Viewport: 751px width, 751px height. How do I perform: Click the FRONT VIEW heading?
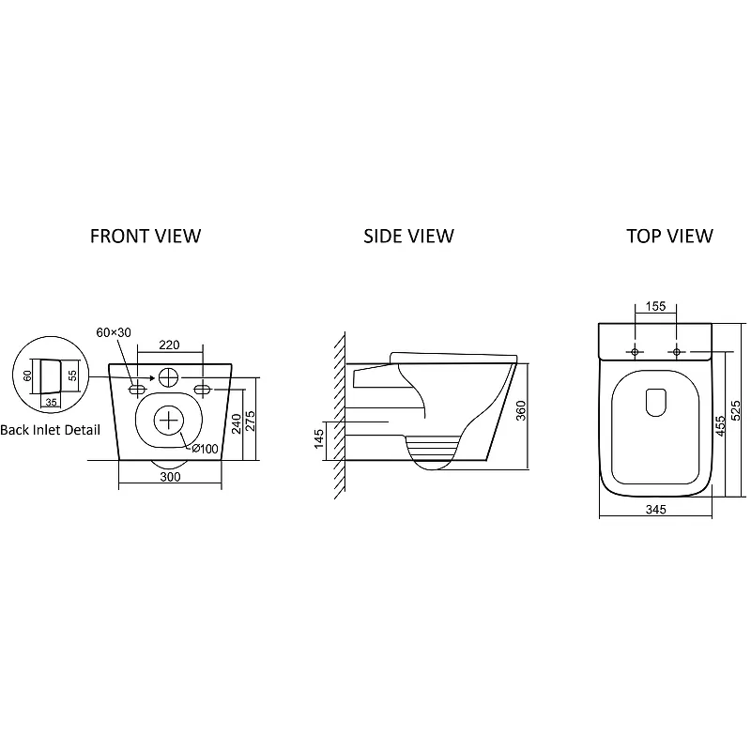[x=145, y=236]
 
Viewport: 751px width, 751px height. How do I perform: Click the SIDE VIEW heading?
[x=408, y=236]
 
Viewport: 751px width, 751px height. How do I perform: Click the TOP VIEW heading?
[x=669, y=236]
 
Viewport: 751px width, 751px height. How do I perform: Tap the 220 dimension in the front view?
[x=170, y=345]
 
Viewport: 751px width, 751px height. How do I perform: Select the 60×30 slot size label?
[x=113, y=333]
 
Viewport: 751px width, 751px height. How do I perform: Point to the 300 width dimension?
[x=170, y=477]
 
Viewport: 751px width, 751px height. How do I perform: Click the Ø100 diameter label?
[x=205, y=449]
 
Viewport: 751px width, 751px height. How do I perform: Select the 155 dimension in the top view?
[x=656, y=306]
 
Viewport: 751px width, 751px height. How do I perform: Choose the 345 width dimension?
[x=655, y=510]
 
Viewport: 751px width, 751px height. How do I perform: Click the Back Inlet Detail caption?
[x=51, y=430]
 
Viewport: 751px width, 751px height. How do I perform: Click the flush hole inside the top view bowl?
[x=656, y=402]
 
